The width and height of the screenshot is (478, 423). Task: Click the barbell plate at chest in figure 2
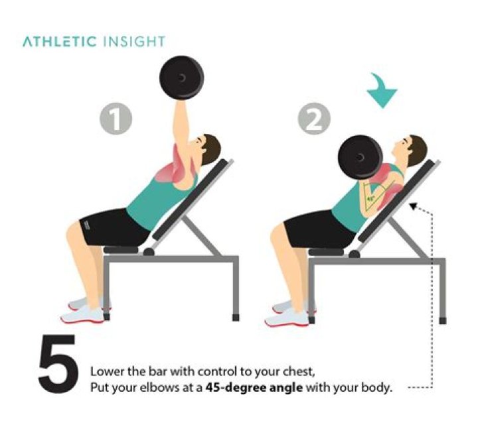point(360,158)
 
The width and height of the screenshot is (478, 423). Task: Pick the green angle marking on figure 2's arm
point(368,196)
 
